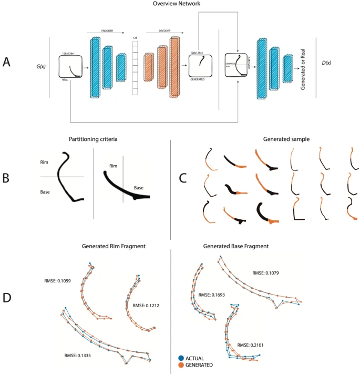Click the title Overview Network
pyautogui.click(x=180, y=4)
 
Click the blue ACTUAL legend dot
pyautogui.click(x=181, y=358)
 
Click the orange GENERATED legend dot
pyautogui.click(x=181, y=364)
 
